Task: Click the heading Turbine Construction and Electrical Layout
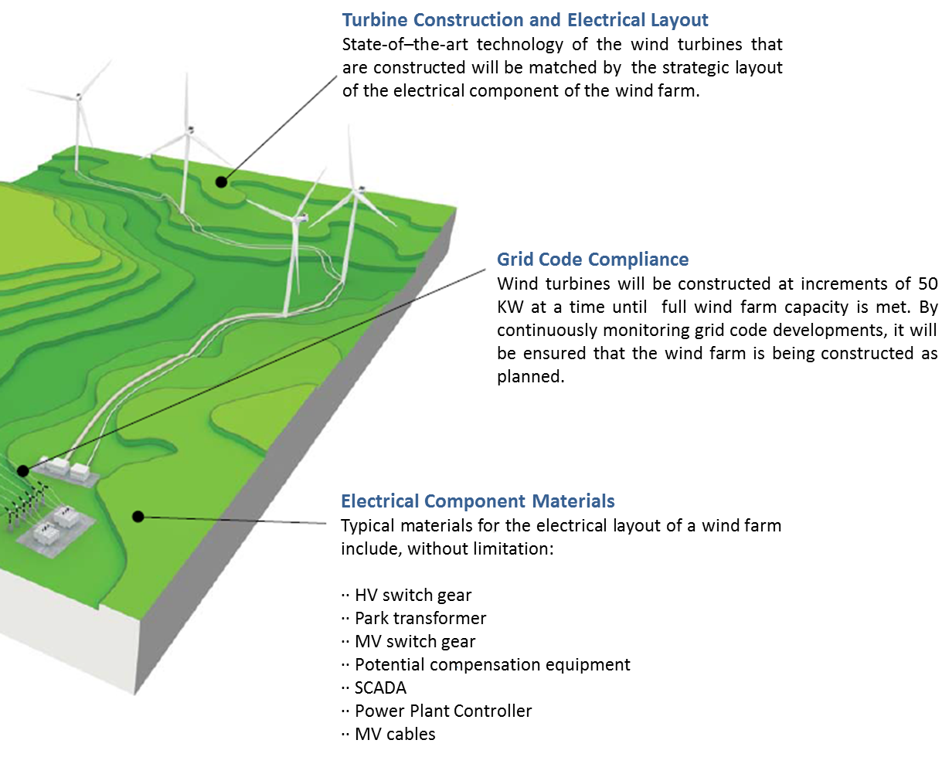pos(525,20)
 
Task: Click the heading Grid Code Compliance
pos(592,260)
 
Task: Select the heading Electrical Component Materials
pos(478,501)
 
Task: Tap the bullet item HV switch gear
pos(413,596)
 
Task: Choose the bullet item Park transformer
pos(420,618)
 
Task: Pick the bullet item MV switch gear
pos(415,641)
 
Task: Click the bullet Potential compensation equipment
pos(492,665)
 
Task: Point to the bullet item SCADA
pos(380,687)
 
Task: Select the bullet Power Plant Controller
pos(443,711)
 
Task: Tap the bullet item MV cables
pos(395,734)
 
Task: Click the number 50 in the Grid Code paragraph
pos(928,284)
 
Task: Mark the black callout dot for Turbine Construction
pos(221,182)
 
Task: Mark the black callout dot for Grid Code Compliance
pos(23,471)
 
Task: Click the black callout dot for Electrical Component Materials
pos(138,517)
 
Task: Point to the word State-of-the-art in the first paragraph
pos(405,45)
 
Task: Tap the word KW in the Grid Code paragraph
pos(510,307)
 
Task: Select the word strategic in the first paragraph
pos(694,68)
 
